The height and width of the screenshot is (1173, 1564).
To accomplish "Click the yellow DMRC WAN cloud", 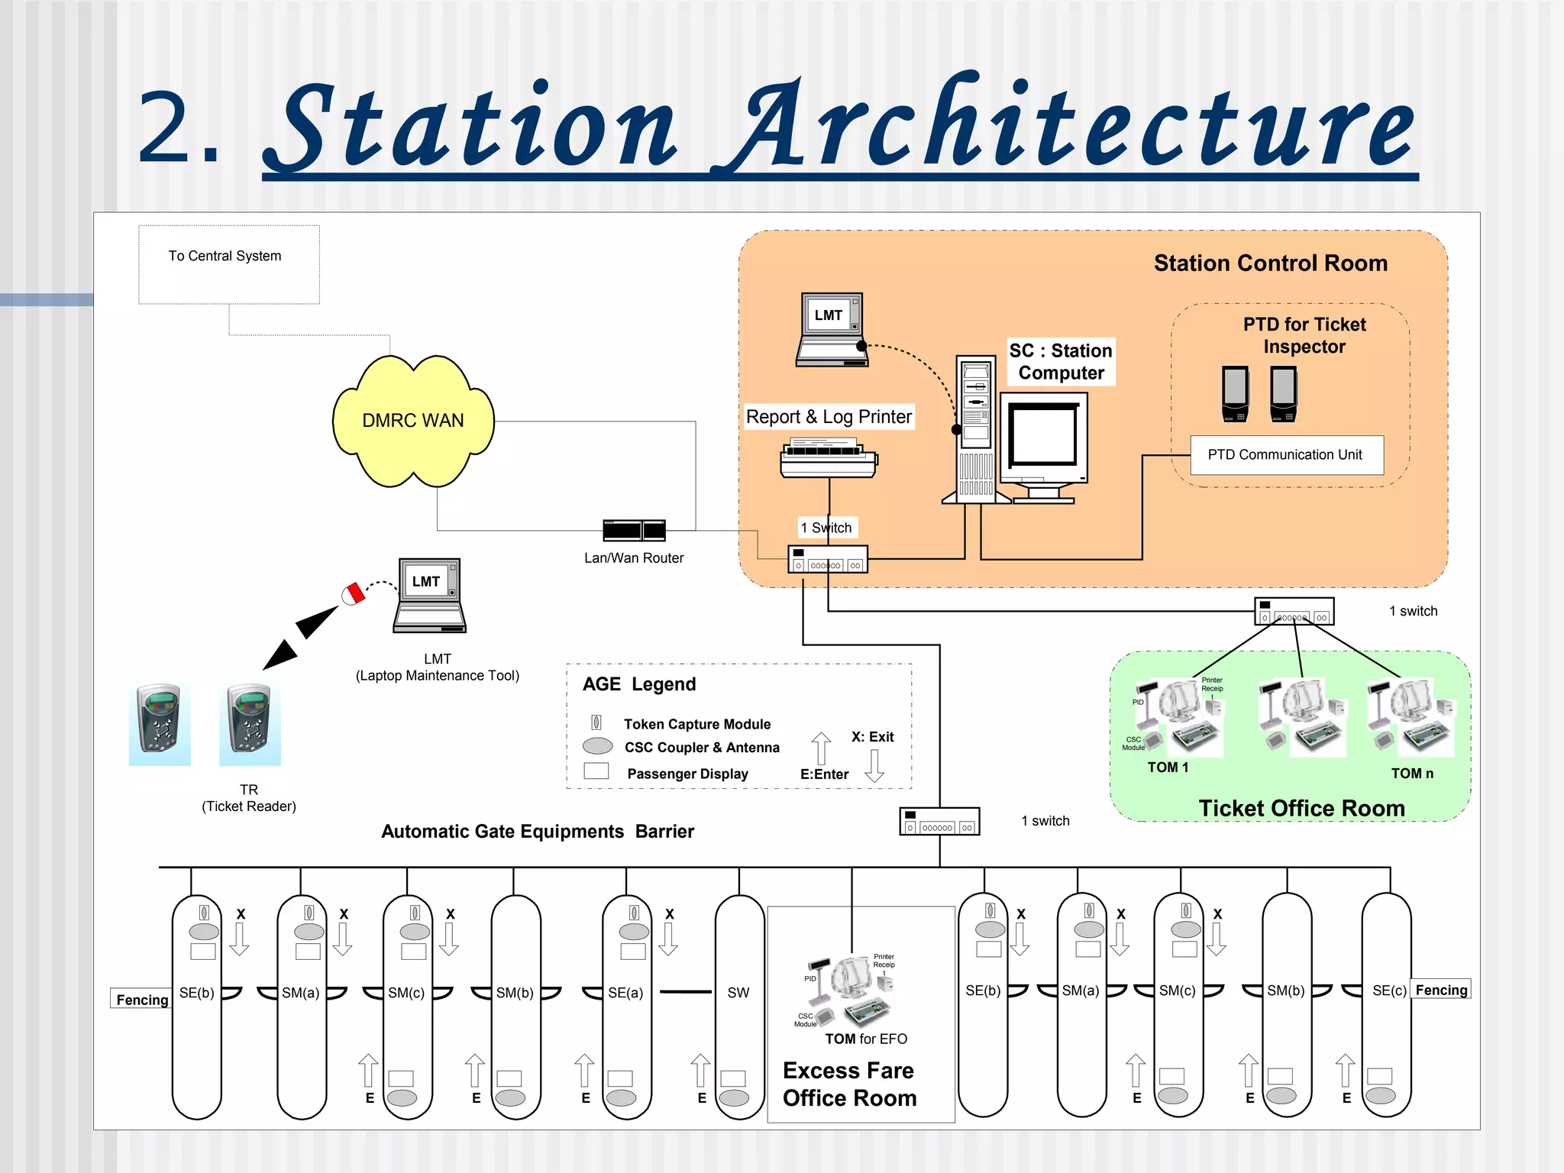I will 413,421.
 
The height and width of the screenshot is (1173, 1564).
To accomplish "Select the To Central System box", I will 228,264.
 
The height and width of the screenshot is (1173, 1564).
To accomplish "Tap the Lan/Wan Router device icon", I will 634,530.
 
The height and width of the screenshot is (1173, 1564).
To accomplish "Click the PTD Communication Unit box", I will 1286,455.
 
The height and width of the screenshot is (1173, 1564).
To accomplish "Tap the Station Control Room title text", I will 1270,263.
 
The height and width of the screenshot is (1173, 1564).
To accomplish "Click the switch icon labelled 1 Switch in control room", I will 828,560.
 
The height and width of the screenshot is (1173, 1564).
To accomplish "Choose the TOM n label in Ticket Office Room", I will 1412,774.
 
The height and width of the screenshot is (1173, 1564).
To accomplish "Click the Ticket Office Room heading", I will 1301,808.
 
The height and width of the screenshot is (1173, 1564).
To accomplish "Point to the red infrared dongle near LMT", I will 354,594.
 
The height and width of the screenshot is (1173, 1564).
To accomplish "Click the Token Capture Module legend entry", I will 696,724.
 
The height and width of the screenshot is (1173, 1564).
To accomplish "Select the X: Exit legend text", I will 872,737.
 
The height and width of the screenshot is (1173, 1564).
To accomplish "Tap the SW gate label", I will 738,993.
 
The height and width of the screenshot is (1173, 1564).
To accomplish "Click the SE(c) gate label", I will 1388,990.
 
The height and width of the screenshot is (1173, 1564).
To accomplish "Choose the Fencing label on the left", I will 142,1000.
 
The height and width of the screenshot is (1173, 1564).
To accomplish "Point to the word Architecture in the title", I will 1069,126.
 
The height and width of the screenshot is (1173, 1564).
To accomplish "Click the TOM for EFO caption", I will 866,1039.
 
